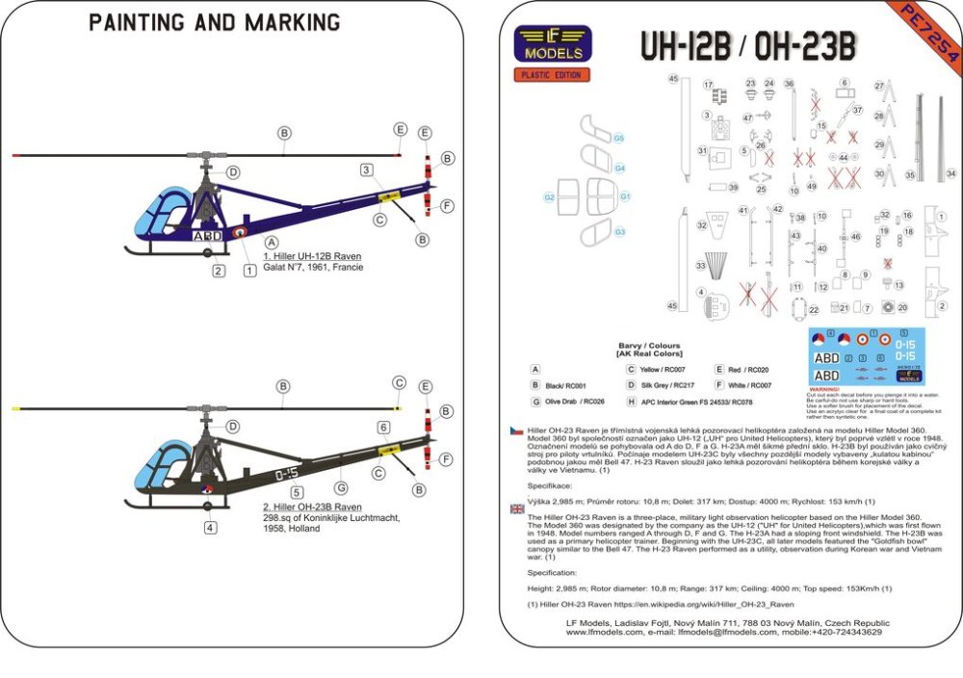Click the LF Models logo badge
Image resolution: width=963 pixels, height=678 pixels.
(553, 43)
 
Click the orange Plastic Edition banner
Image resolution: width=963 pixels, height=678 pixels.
(552, 74)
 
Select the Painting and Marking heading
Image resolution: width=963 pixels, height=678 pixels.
(214, 22)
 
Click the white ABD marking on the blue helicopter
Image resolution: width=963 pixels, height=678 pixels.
(208, 235)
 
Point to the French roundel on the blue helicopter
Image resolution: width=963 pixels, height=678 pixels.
(239, 233)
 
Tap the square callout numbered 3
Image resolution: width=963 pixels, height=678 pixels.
(366, 170)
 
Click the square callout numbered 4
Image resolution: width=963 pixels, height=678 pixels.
(210, 528)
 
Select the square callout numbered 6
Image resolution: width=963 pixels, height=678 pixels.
(383, 427)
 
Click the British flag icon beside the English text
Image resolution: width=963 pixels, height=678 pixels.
(518, 509)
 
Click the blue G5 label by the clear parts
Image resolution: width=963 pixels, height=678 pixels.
(619, 139)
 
